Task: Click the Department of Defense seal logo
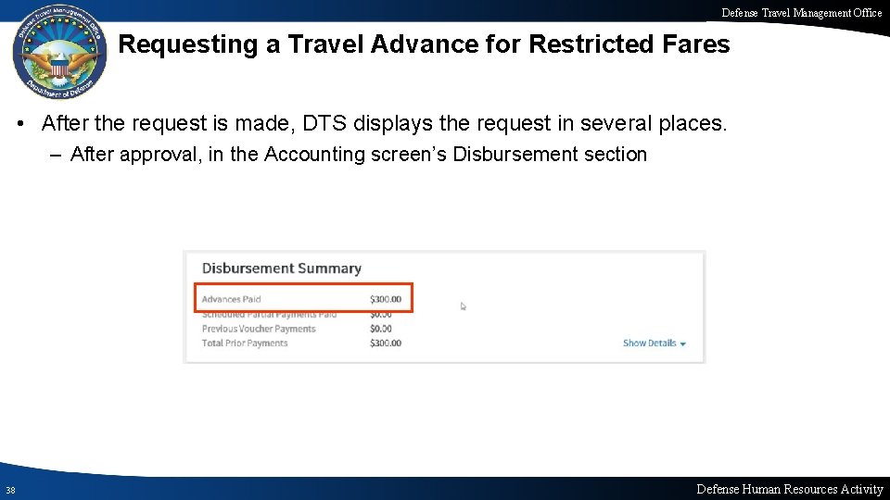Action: tap(58, 56)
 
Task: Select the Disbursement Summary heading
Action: tap(281, 269)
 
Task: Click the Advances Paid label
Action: tap(231, 299)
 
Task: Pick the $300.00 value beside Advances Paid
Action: tap(386, 299)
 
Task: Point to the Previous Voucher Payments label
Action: tap(259, 329)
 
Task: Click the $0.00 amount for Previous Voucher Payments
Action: tap(380, 329)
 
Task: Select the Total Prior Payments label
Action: tap(245, 344)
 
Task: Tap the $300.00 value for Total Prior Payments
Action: tap(386, 344)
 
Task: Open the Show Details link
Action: tap(654, 344)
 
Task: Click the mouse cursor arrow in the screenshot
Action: tap(464, 306)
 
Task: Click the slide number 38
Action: tap(9, 490)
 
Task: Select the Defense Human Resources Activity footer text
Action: tap(789, 489)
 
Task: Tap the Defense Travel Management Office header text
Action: tap(802, 12)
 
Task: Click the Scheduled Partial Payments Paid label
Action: tap(269, 315)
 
